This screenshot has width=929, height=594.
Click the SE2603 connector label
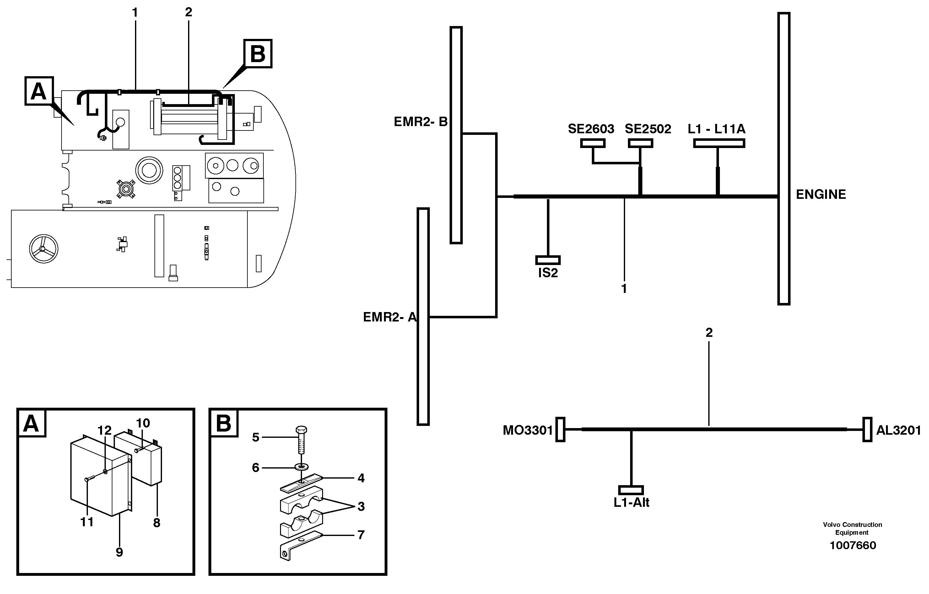pos(591,129)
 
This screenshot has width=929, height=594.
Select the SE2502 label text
pos(648,129)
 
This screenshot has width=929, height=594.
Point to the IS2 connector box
pos(548,260)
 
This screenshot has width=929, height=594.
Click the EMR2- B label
pos(420,122)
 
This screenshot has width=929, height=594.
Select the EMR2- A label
pos(390,317)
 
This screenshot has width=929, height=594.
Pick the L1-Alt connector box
pos(631,490)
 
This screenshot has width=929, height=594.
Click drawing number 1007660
pos(852,545)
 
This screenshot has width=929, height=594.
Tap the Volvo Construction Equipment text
pos(852,528)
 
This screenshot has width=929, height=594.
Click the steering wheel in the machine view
pos(44,249)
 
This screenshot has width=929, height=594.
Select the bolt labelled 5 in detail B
pos(301,440)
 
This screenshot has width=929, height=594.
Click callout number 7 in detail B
pos(361,535)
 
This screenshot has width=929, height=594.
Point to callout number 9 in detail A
pos(119,552)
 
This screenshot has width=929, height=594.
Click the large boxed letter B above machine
pos(257,54)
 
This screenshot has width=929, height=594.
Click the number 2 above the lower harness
pos(709,332)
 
